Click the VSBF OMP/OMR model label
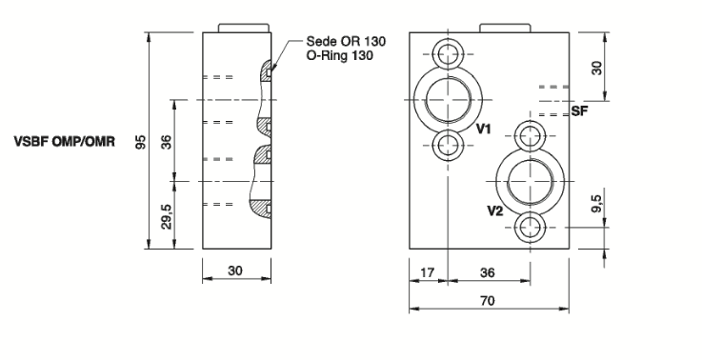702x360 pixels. coord(65,142)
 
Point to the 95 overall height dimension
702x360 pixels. coord(141,142)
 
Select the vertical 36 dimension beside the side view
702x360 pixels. coord(166,142)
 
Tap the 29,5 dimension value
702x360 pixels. coord(166,216)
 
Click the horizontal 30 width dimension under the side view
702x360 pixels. coord(235,270)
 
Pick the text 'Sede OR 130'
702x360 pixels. coord(346,41)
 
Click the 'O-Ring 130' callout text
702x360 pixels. coord(339,55)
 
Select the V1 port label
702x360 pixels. coord(483,130)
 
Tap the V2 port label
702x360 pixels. coord(495,210)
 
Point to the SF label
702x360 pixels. coord(579,111)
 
